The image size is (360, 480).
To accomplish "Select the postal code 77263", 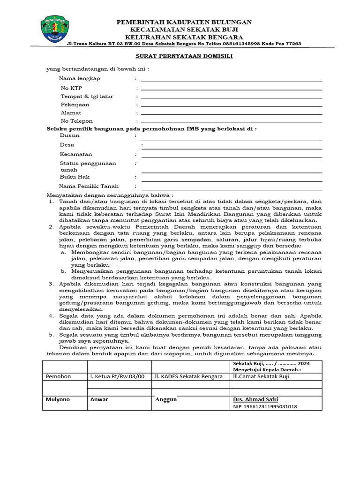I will (293, 44).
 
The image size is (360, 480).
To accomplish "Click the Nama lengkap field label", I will (79, 78).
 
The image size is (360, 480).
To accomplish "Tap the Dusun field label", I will (69, 135).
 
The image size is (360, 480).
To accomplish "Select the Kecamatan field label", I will (76, 154).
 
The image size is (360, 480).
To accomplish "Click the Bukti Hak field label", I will (75, 177).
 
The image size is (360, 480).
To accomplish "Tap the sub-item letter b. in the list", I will (63, 271).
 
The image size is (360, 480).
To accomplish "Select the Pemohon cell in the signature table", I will (58, 376).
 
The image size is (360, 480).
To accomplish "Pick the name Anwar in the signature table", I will (99, 399).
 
